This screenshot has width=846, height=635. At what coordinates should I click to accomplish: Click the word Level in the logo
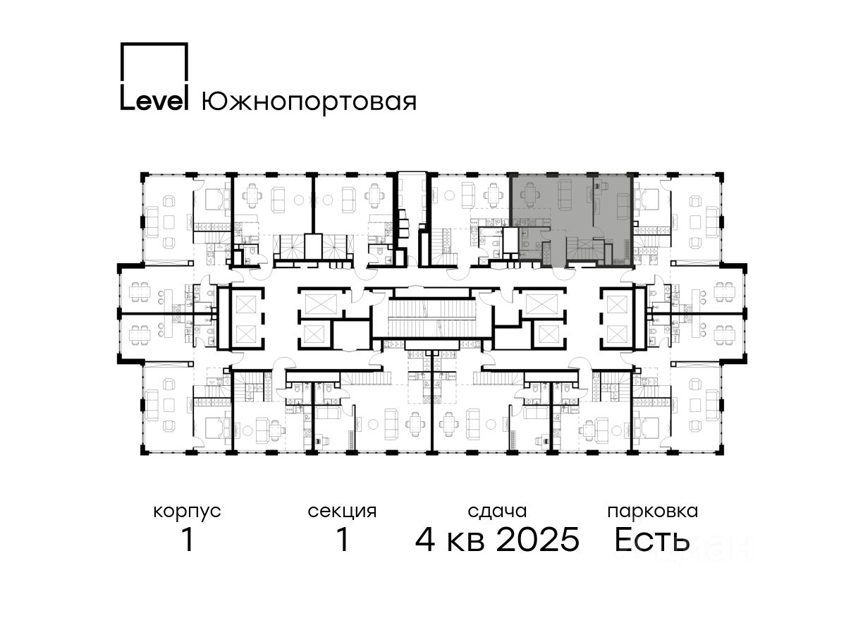(154, 101)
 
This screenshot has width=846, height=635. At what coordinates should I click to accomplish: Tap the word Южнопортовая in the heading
(309, 102)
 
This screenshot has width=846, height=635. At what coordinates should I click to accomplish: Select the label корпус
(187, 512)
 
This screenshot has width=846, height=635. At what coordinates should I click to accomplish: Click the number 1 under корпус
(188, 540)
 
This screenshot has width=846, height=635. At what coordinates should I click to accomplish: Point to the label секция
(342, 512)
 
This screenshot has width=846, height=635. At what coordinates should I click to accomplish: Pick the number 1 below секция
(343, 540)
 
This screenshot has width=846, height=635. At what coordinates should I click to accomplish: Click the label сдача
(497, 512)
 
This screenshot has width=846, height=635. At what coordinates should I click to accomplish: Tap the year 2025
(538, 540)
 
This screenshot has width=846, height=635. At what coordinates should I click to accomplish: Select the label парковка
(653, 512)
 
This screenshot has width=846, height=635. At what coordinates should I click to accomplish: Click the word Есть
(651, 540)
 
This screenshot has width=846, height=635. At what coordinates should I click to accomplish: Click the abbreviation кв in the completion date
(465, 542)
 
